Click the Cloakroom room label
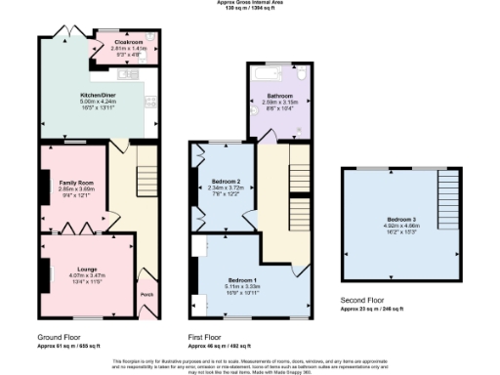(129, 43)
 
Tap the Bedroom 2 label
(226, 181)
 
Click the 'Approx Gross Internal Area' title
(250, 3)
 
